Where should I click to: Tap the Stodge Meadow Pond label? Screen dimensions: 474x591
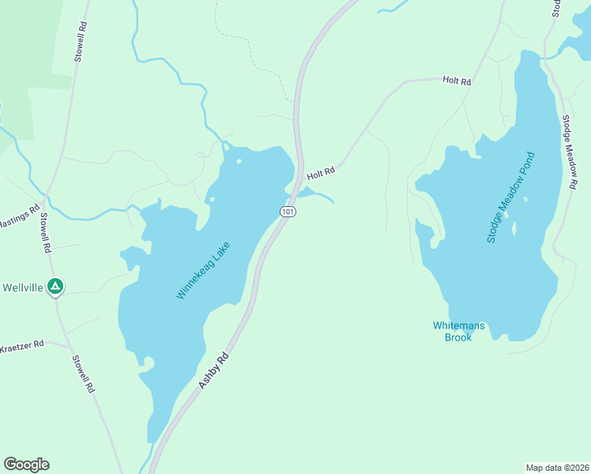pos(511,197)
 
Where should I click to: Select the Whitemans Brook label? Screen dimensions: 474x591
pos(453,331)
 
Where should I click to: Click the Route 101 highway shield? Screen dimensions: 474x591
pos(288,212)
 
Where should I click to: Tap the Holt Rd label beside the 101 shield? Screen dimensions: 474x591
pos(322,171)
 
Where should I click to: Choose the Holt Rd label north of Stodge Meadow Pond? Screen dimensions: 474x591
pos(457,81)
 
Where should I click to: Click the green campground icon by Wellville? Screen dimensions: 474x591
pos(55,286)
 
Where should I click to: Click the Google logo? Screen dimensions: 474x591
pos(26,465)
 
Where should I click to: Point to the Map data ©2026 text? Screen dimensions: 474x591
pos(557,467)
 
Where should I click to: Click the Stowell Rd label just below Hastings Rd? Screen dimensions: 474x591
pos(46,232)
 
